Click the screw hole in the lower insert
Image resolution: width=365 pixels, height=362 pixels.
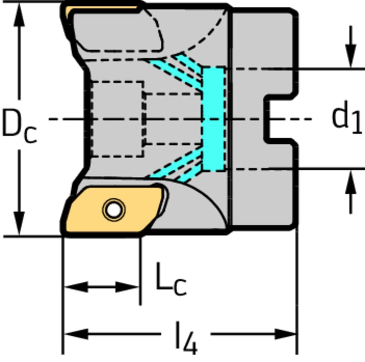coord(113,210)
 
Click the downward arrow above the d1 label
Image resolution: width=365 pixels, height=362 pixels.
coord(351,57)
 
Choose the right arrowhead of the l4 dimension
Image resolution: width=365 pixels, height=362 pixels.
coord(285,334)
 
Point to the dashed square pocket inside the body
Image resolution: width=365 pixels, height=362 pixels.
coord(117,119)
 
